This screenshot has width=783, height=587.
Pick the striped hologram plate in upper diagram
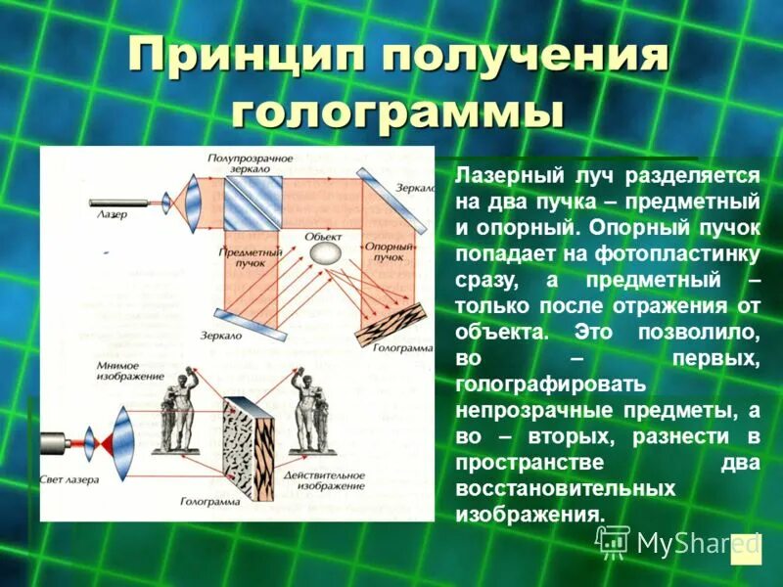[391, 324]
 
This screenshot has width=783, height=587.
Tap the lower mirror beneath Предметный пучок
[250, 325]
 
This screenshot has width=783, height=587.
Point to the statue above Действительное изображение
[312, 416]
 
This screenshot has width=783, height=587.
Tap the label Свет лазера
[69, 480]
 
